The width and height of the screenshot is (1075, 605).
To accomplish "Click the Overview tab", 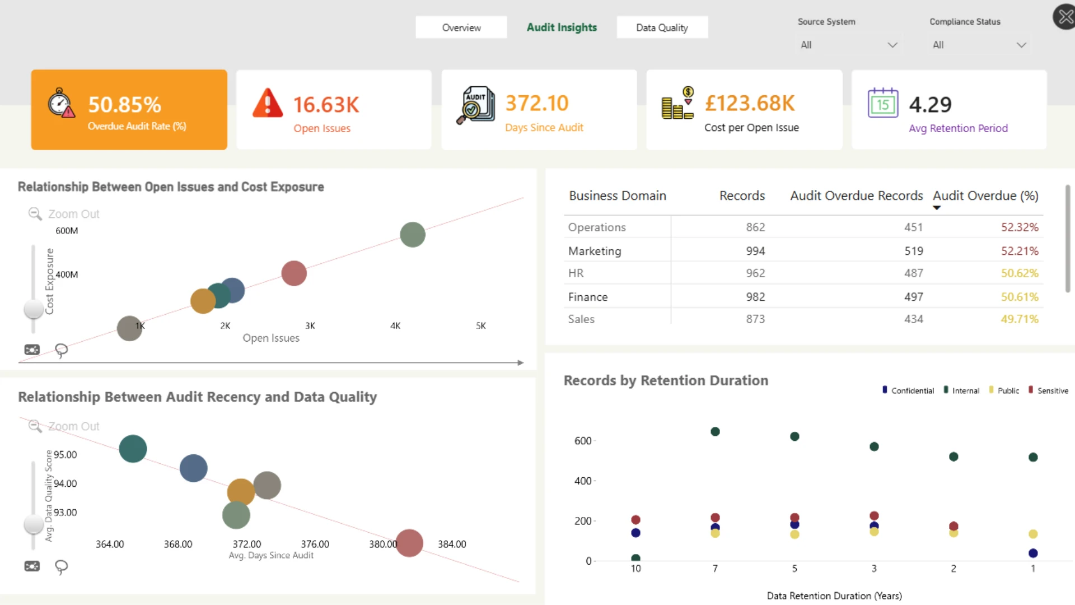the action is point(461,27).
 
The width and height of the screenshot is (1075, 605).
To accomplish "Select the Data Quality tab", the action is point(662,27).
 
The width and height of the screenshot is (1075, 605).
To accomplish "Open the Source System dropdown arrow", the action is point(892,45).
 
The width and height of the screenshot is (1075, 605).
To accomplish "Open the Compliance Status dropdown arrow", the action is point(1021,45).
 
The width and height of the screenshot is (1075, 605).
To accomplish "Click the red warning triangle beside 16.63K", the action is point(268,103).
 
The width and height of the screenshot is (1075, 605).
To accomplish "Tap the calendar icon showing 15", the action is point(883,103).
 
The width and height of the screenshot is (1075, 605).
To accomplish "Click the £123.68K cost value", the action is point(750,103).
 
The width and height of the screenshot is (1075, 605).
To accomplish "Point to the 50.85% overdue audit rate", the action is point(125,105).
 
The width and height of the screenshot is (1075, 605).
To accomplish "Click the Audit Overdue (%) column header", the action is point(985,196).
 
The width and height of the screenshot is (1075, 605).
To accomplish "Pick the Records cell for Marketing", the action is point(755,251).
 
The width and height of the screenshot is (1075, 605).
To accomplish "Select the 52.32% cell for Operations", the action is point(1020,227).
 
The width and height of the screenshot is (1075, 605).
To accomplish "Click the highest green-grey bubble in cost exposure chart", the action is point(413,235).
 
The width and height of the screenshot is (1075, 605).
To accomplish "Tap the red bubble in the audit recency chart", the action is point(409,543).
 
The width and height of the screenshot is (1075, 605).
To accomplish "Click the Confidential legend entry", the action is point(908,390).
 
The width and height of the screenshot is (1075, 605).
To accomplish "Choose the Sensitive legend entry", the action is point(1048,390).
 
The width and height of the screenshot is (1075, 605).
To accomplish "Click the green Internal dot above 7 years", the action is point(715,431).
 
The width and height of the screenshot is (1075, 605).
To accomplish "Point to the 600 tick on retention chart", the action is point(583,441).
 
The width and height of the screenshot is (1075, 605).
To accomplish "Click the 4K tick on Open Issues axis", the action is point(395,325).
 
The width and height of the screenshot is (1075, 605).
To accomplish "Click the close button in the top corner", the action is point(1065,17).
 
